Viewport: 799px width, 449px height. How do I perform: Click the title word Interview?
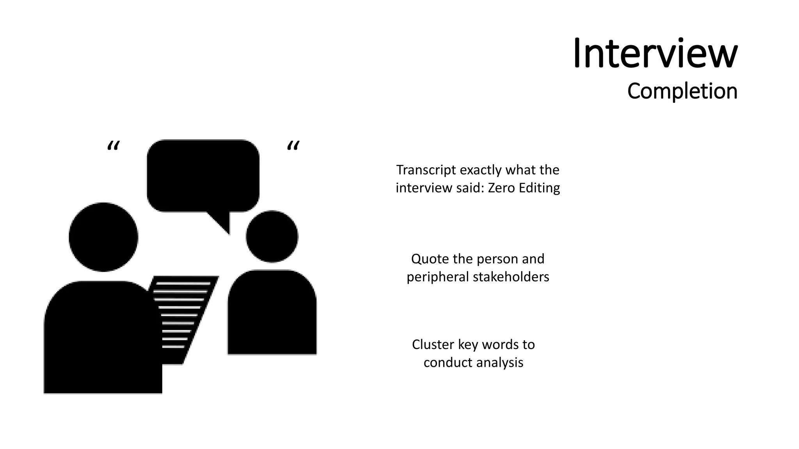(655, 54)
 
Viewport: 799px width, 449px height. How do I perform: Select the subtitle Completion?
(682, 91)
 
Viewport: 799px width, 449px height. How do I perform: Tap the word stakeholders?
(511, 277)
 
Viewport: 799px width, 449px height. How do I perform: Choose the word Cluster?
(433, 345)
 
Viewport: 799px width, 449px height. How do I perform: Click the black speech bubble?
(203, 175)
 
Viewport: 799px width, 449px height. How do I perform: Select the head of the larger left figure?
(103, 237)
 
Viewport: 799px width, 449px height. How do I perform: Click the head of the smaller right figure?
(272, 236)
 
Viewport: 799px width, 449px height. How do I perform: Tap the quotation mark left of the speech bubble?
(113, 147)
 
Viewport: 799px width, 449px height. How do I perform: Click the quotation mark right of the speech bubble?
(293, 146)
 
